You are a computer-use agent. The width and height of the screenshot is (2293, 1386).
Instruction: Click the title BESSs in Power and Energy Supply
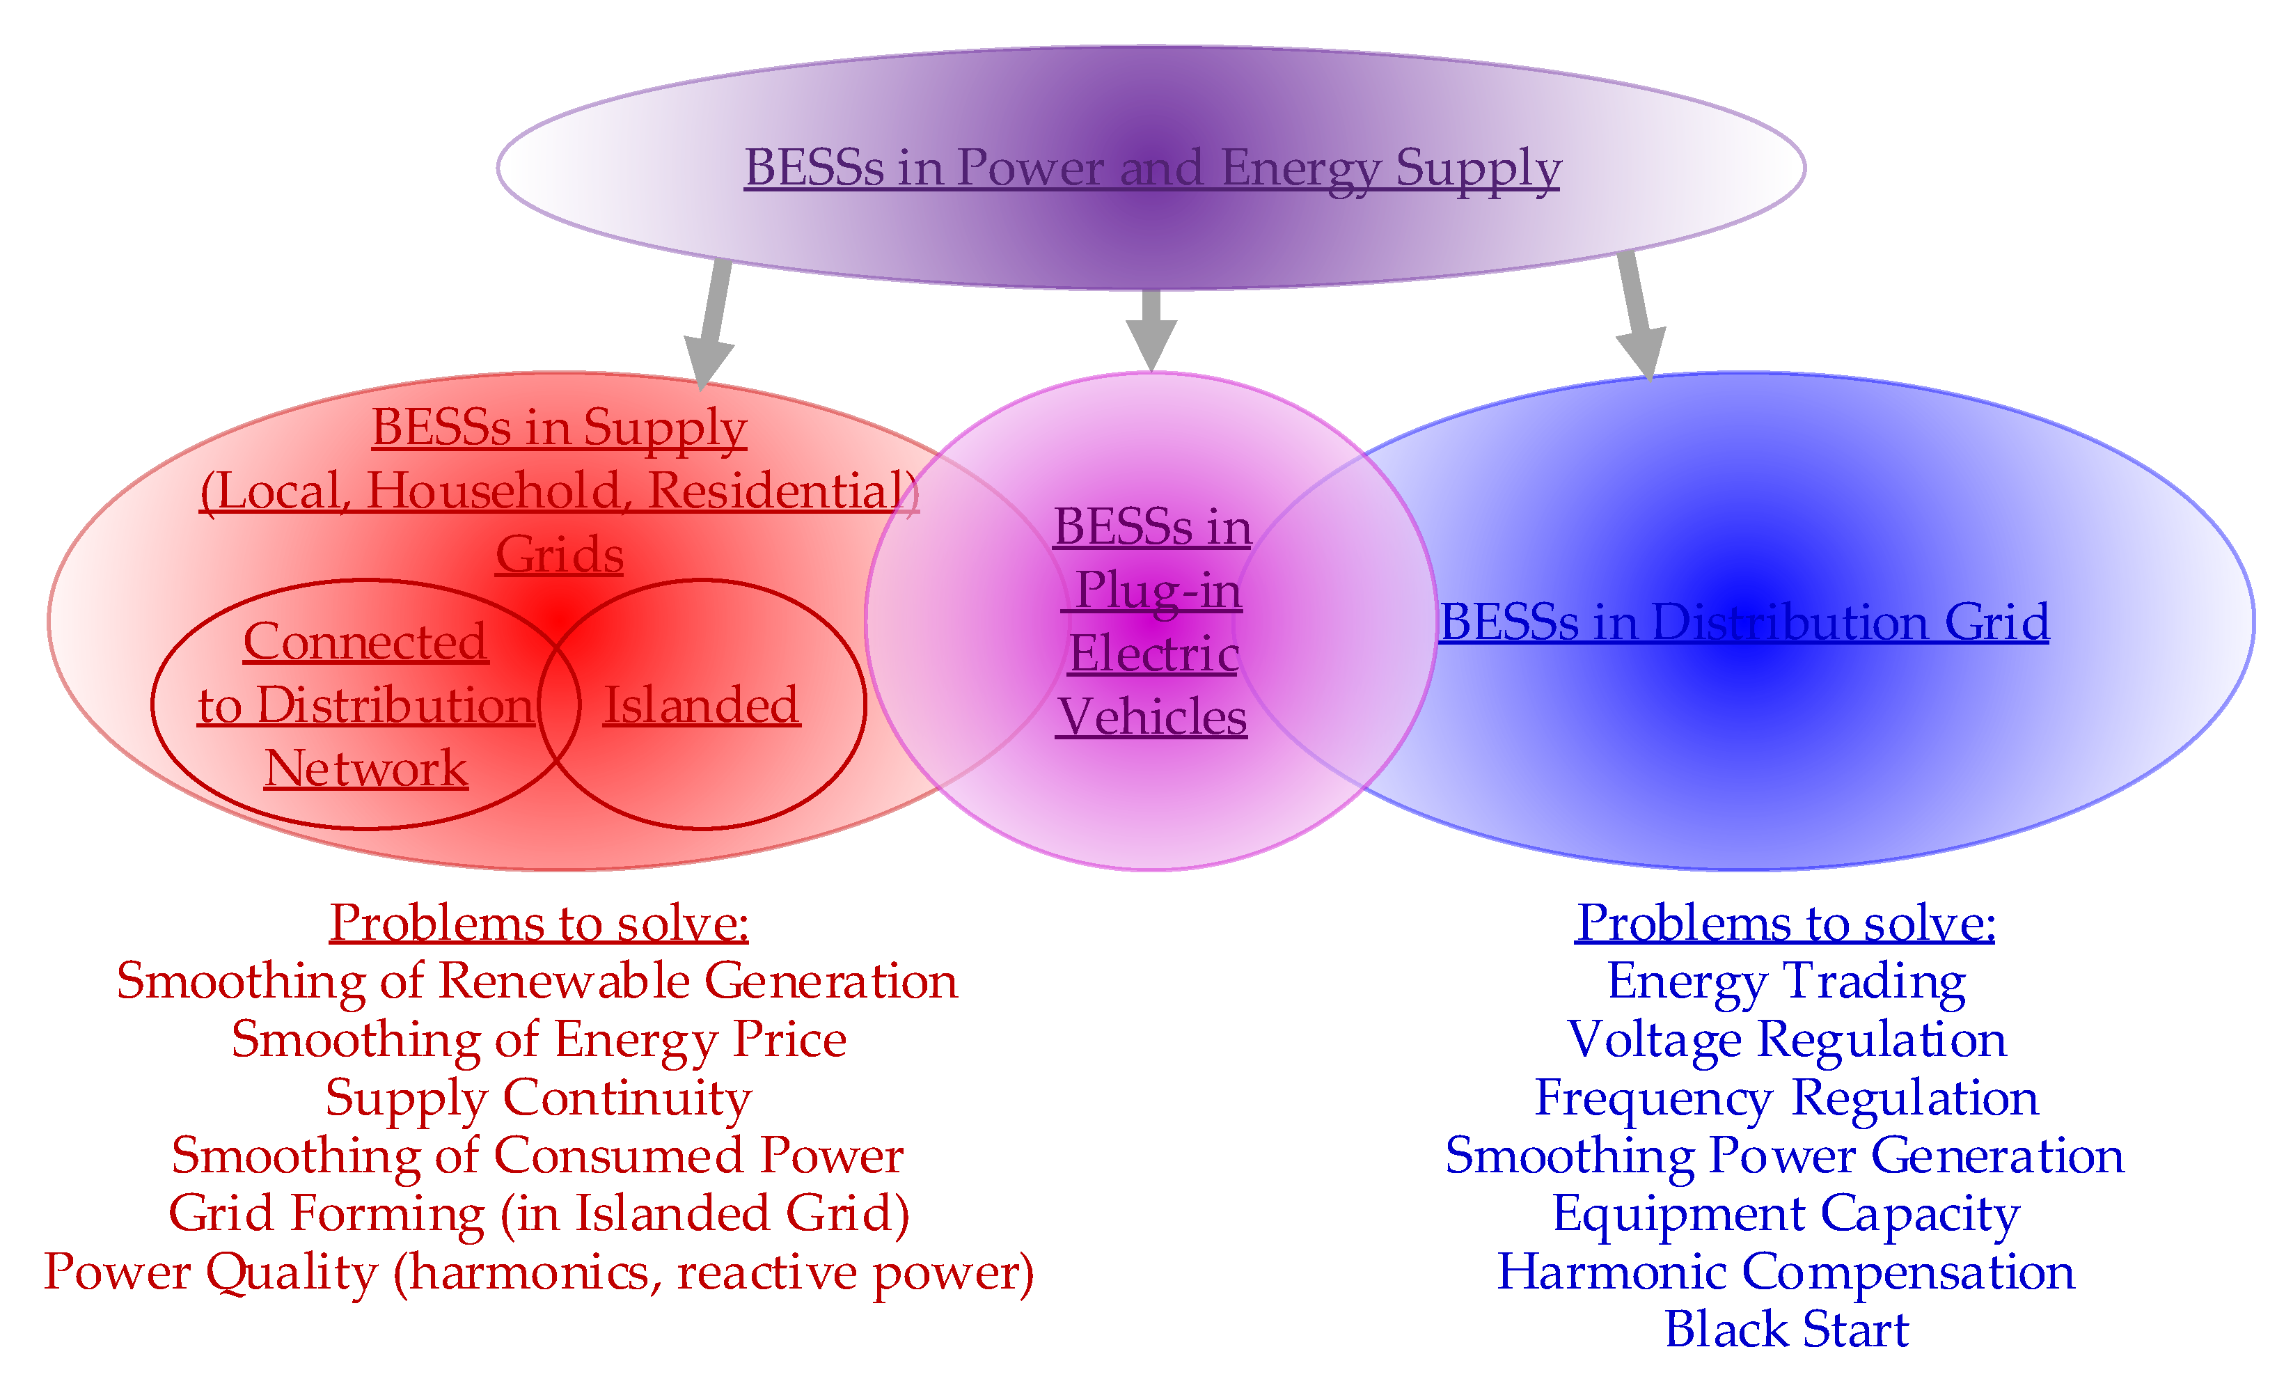coord(1151,168)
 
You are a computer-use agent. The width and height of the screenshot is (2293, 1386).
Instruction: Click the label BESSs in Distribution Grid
coord(1743,622)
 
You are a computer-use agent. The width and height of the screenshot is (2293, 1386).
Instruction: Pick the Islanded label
coord(701,704)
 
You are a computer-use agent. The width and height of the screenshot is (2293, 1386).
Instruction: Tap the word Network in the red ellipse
coord(365,768)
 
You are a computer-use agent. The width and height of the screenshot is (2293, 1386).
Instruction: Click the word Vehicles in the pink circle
coord(1151,717)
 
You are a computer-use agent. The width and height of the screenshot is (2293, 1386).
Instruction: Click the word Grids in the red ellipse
coord(558,555)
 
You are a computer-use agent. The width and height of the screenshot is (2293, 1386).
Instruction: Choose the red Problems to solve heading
coord(539,922)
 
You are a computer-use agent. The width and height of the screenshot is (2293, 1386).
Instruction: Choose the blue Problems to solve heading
coord(1785,922)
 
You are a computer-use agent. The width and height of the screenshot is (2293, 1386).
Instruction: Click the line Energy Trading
coord(1785,981)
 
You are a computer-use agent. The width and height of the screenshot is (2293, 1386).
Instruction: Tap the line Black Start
coord(1785,1329)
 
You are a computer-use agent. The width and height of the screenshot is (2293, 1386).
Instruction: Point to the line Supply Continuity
coord(538,1098)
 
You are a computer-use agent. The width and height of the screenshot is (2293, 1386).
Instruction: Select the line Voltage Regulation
coord(1785,1040)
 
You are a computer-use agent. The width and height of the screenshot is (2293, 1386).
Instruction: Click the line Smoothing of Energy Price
coord(539,1040)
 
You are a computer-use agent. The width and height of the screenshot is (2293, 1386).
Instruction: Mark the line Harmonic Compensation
coord(1785,1272)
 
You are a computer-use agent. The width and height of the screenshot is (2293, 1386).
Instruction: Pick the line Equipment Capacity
coord(1785,1214)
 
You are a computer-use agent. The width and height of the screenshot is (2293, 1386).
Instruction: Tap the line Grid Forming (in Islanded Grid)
coord(539,1214)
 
